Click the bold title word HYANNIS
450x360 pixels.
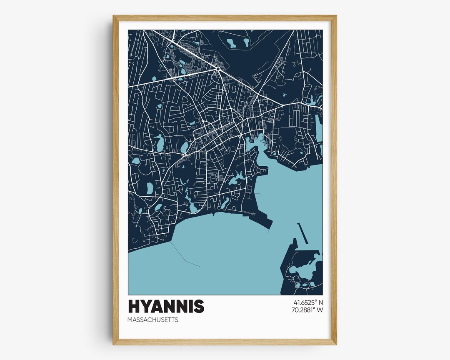[x=166, y=306]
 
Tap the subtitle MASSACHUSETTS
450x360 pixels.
[x=153, y=320]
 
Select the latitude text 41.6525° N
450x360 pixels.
[x=308, y=302]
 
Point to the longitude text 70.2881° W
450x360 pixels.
[x=308, y=310]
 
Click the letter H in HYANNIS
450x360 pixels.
[x=135, y=306]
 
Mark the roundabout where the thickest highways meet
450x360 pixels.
[x=217, y=69]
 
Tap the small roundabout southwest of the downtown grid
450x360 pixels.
[x=184, y=155]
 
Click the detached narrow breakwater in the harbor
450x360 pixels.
[x=303, y=233]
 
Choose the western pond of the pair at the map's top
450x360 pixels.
[x=232, y=42]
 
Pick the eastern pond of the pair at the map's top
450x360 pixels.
[x=246, y=42]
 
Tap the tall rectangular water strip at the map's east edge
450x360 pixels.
[x=319, y=127]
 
